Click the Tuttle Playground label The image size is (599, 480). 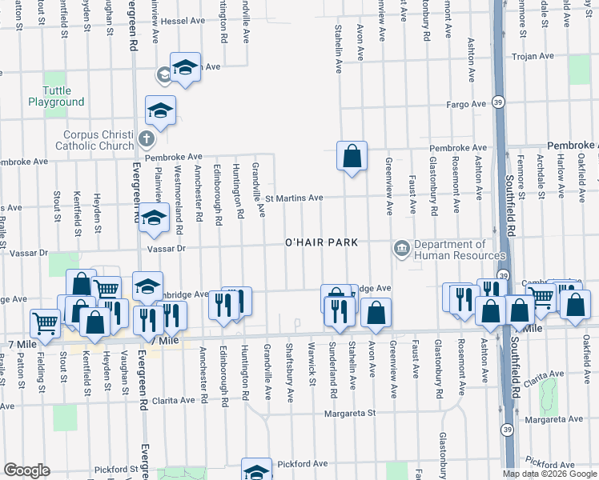coord(56,96)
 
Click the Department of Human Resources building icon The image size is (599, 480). coord(401,250)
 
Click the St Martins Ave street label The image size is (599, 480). coord(294,198)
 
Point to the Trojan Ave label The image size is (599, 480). coord(535,56)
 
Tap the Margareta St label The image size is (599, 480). coord(350,414)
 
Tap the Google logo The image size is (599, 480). coord(26,470)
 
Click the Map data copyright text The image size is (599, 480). coord(549,474)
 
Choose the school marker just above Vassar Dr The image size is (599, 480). coord(152,220)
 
